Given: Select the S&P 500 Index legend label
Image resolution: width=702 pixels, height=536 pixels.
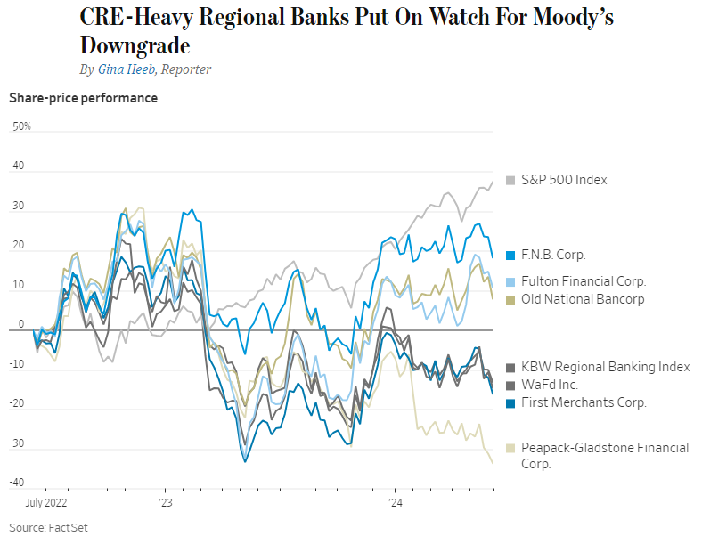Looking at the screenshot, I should click(564, 180).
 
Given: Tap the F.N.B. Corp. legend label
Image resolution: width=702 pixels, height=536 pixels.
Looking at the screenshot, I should click(553, 255).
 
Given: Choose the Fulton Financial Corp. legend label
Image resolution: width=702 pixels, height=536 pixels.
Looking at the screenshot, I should click(584, 281).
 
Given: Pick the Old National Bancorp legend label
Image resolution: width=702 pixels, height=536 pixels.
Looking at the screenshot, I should click(583, 299).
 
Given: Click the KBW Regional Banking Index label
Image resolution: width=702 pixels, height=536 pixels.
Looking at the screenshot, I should click(605, 367).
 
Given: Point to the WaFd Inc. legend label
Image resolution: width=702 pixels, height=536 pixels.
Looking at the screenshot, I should click(550, 385).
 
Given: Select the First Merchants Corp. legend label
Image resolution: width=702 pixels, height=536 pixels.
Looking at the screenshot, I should click(584, 402).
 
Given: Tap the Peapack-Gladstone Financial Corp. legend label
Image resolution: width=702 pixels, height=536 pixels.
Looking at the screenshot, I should click(604, 456).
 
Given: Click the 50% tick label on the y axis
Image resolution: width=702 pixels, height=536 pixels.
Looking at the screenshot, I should click(21, 126).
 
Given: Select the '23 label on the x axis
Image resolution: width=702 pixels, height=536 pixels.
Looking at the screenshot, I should click(166, 503).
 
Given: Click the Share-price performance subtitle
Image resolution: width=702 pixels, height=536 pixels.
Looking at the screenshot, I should click(83, 98).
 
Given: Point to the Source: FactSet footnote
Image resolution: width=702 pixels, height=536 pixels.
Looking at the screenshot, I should click(48, 527).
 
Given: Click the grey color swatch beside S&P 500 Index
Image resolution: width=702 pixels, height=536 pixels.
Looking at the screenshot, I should click(510, 181).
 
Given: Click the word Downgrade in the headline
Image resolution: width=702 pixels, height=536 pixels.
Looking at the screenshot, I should click(135, 45).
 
